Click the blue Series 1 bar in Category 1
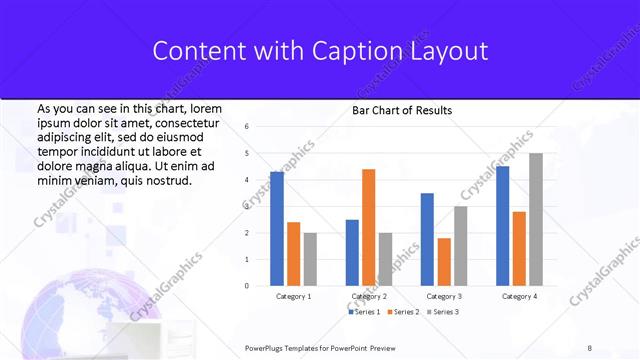click(277, 229)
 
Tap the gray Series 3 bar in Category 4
click(536, 219)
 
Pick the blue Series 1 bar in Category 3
click(427, 239)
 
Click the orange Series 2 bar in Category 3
click(444, 262)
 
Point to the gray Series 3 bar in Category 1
click(310, 259)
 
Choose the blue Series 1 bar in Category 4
click(502, 226)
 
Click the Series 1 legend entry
click(366, 312)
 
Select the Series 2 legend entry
click(403, 312)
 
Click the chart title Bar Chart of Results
click(402, 111)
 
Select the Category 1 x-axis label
click(293, 297)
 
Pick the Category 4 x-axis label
click(519, 297)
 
